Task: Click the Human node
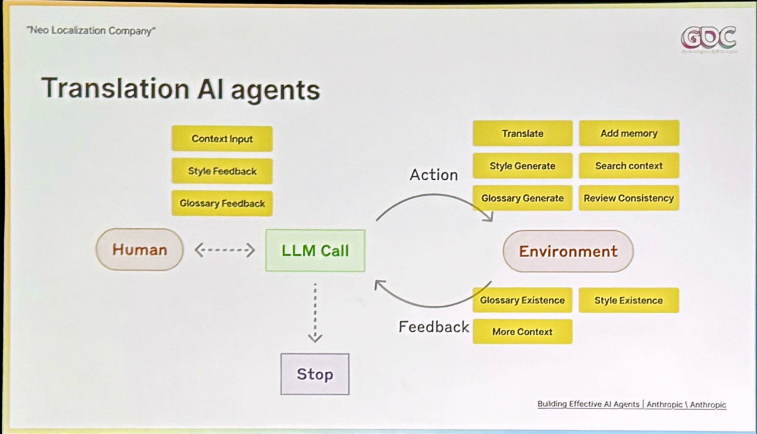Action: pyautogui.click(x=140, y=250)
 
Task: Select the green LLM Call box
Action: pyautogui.click(x=315, y=251)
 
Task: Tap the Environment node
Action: pyautogui.click(x=568, y=251)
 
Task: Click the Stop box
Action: pyautogui.click(x=315, y=374)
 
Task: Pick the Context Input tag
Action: pyautogui.click(x=222, y=139)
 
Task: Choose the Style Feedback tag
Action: pyautogui.click(x=222, y=171)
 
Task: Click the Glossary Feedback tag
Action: pyautogui.click(x=222, y=203)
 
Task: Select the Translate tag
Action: pyautogui.click(x=522, y=134)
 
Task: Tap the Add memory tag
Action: pyautogui.click(x=629, y=134)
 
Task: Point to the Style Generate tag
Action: pyautogui.click(x=522, y=166)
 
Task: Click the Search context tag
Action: pyautogui.click(x=629, y=166)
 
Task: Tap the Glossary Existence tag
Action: pyautogui.click(x=522, y=300)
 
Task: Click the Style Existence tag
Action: pyautogui.click(x=628, y=300)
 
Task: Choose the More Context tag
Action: pyautogui.click(x=522, y=332)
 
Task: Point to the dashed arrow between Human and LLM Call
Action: pyautogui.click(x=224, y=250)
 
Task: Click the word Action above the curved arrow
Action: pyautogui.click(x=434, y=175)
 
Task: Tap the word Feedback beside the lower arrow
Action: pyautogui.click(x=434, y=327)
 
